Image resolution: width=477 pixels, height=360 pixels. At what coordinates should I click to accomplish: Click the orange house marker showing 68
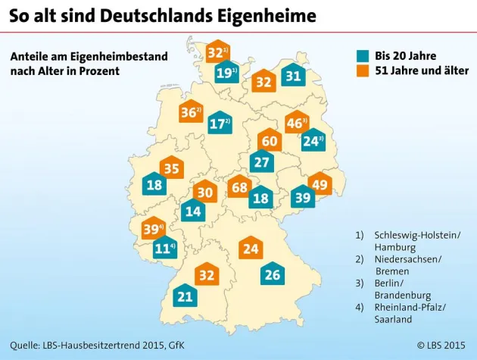tap(240, 186)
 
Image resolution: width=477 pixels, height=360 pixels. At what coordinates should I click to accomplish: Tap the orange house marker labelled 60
tap(269, 140)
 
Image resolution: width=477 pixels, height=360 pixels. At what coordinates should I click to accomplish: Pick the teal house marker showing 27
tap(262, 161)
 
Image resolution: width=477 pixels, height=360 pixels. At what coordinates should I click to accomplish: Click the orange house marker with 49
tap(320, 184)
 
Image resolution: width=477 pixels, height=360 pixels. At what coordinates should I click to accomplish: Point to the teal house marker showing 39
tap(303, 197)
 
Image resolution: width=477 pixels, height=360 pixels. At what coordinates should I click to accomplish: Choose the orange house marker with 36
tap(192, 113)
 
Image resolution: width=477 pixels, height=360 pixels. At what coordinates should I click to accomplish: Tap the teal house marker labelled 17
tap(220, 123)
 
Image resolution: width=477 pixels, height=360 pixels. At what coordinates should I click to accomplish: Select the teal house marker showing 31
tap(293, 76)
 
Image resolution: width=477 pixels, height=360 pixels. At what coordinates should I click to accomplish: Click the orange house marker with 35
tap(172, 169)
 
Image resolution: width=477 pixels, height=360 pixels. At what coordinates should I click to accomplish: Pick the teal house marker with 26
tap(273, 274)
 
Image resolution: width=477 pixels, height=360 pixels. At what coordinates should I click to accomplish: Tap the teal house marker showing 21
tap(185, 297)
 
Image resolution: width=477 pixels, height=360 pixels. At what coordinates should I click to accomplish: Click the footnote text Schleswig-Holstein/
tap(417, 236)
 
